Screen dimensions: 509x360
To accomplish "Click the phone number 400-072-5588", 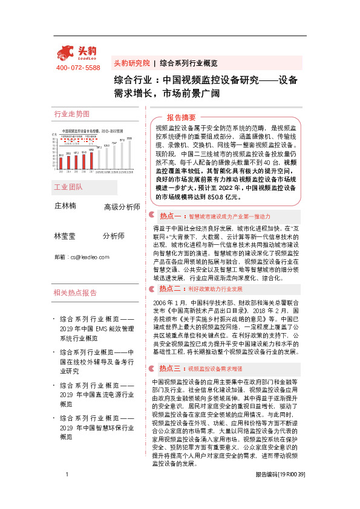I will [78, 68].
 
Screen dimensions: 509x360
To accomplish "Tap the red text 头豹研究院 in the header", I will [131, 63].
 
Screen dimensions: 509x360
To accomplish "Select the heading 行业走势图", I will [71, 114].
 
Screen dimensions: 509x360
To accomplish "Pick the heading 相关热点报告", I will [75, 293].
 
